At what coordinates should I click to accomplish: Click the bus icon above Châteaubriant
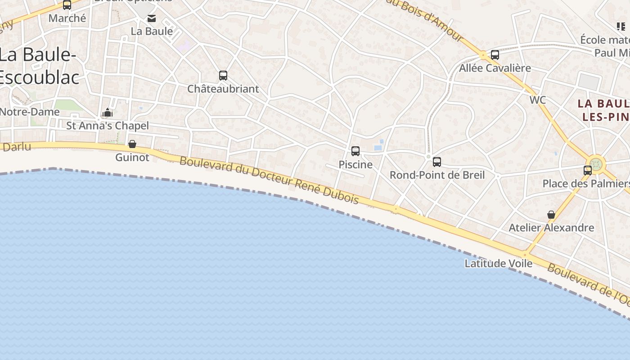(x=223, y=76)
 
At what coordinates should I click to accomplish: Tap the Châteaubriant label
(x=223, y=89)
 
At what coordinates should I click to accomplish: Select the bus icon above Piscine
(x=355, y=151)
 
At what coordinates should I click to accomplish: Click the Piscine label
(x=355, y=164)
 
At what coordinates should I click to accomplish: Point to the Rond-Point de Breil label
(x=437, y=175)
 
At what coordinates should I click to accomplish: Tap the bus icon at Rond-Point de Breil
(x=437, y=162)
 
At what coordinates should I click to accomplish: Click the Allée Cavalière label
(x=495, y=68)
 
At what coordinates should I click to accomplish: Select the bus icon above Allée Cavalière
(x=495, y=55)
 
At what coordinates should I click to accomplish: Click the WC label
(x=538, y=100)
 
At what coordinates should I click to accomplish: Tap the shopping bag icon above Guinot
(x=132, y=144)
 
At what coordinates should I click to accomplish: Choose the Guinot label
(x=132, y=157)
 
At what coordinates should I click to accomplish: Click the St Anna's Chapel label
(x=108, y=126)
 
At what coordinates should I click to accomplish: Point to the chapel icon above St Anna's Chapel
(x=108, y=112)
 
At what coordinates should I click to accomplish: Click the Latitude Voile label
(x=499, y=263)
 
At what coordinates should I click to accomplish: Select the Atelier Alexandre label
(x=551, y=228)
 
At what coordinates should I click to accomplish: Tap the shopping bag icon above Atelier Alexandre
(x=551, y=215)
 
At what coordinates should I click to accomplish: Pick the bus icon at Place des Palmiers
(x=588, y=171)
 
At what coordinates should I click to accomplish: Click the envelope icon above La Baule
(x=152, y=18)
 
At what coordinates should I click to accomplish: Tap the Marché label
(x=67, y=18)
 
